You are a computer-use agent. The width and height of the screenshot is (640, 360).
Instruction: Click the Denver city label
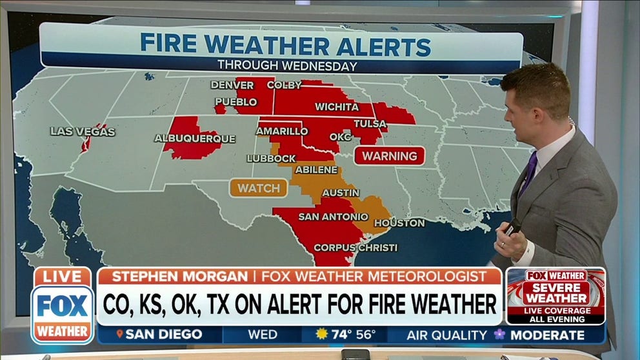pos(232,85)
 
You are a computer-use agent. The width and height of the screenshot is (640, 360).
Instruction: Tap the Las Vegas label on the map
pos(83,132)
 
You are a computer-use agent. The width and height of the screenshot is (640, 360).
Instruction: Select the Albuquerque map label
pos(194,139)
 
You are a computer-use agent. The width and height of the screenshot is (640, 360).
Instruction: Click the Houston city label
pos(399,223)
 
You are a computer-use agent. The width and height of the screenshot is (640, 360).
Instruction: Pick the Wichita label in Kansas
pos(337,107)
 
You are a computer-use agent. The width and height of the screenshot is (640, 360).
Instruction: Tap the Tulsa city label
pos(370,124)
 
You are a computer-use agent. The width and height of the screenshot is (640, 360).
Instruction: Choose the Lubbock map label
pos(271,159)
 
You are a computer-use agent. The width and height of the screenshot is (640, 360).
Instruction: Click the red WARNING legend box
pos(390,156)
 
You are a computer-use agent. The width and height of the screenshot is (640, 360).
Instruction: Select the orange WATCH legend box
pos(258,188)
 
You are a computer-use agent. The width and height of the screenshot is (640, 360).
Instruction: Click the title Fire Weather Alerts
pos(285,46)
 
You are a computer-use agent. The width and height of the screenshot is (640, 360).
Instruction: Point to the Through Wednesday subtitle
pos(286,66)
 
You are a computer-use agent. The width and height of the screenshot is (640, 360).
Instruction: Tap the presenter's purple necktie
pos(528,174)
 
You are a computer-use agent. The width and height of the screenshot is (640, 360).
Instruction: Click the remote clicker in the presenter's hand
pos(512,227)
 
